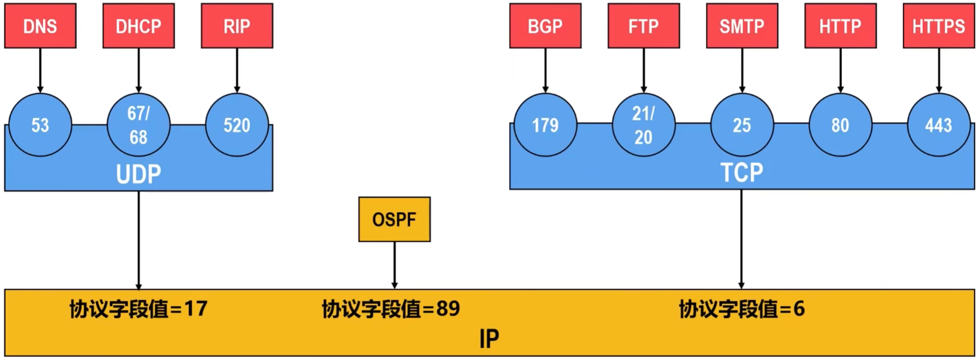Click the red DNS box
pyautogui.click(x=40, y=26)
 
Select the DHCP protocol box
pyautogui.click(x=138, y=26)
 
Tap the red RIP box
pyautogui.click(x=237, y=26)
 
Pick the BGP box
pyautogui.click(x=545, y=26)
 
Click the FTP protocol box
pyautogui.click(x=643, y=26)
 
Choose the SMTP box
pyautogui.click(x=742, y=26)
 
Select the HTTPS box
pyautogui.click(x=939, y=26)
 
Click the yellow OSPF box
pyautogui.click(x=394, y=219)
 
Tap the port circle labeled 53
pyautogui.click(x=40, y=125)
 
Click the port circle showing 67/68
pyautogui.click(x=138, y=125)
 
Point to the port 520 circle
pyautogui.click(x=237, y=125)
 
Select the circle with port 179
pyautogui.click(x=545, y=125)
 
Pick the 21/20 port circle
pyautogui.click(x=643, y=125)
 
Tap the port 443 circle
pyautogui.click(x=939, y=125)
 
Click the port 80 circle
pyautogui.click(x=840, y=125)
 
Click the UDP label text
pyautogui.click(x=138, y=174)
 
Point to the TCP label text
pyautogui.click(x=742, y=173)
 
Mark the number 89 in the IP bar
pyautogui.click(x=448, y=309)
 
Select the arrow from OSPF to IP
pyautogui.click(x=395, y=265)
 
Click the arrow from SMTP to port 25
pyautogui.click(x=742, y=70)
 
